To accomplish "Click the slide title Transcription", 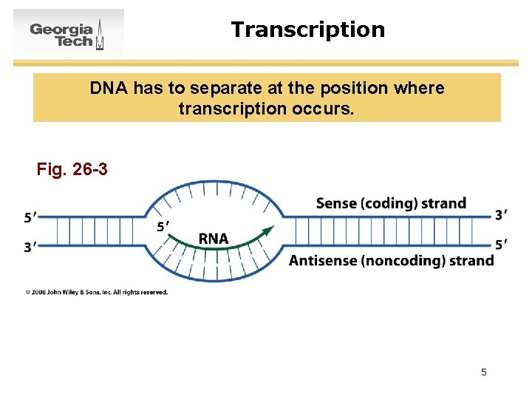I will pyautogui.click(x=307, y=30).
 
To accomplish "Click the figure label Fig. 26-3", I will pyautogui.click(x=72, y=170).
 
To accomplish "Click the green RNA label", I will pyautogui.click(x=214, y=239).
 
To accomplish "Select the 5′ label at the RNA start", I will pyautogui.click(x=164, y=226).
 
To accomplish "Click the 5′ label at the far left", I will pyautogui.click(x=31, y=217).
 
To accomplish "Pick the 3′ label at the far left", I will pyautogui.click(x=31, y=247).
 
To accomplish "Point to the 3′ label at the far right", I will pyautogui.click(x=501, y=215).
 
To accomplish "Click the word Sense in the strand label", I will pyautogui.click(x=336, y=203).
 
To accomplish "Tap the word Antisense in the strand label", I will pyautogui.click(x=321, y=260).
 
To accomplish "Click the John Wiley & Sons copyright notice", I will pyautogui.click(x=97, y=292).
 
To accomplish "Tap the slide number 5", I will pyautogui.click(x=484, y=372).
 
